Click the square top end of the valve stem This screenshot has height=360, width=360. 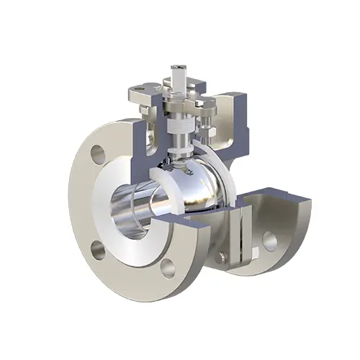[x=177, y=75]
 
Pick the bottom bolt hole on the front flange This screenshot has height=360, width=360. [x=168, y=269]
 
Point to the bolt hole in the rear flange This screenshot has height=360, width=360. [x=271, y=240]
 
